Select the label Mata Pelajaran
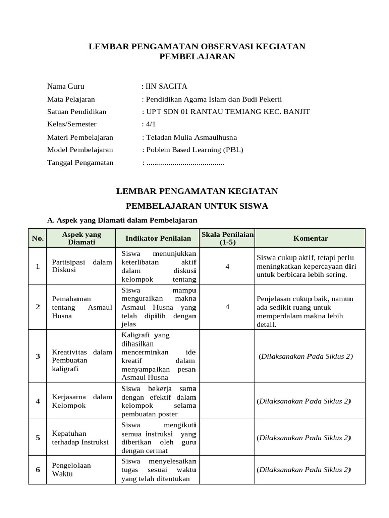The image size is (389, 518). pyautogui.click(x=71, y=99)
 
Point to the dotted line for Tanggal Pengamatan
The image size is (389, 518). pyautogui.click(x=185, y=163)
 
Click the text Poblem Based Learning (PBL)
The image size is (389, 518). pyautogui.click(x=194, y=150)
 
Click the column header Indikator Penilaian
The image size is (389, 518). pyautogui.click(x=159, y=238)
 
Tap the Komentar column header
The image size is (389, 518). pyautogui.click(x=310, y=238)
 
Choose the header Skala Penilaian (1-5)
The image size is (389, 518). pyautogui.click(x=227, y=238)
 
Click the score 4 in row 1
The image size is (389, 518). pyautogui.click(x=227, y=266)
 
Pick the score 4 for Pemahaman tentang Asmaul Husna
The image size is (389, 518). pyautogui.click(x=227, y=307)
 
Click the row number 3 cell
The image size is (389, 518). pyautogui.click(x=37, y=356)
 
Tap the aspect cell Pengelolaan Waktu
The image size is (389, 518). pyautogui.click(x=71, y=469)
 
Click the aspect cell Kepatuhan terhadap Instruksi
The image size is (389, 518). pyautogui.click(x=81, y=438)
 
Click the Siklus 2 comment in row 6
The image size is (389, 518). pyautogui.click(x=304, y=470)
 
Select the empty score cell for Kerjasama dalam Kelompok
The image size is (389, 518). pyautogui.click(x=227, y=401)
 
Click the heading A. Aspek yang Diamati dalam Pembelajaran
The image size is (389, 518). pyautogui.click(x=122, y=220)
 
